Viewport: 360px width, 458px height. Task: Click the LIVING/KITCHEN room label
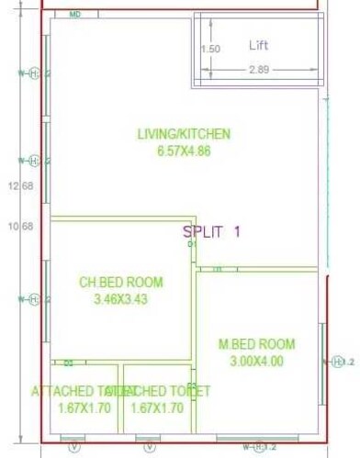(x=184, y=134)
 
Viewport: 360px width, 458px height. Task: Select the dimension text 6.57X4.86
(x=184, y=151)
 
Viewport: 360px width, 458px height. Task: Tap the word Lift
(x=259, y=45)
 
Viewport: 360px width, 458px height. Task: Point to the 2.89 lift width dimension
(x=260, y=70)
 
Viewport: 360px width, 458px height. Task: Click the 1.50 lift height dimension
(x=211, y=50)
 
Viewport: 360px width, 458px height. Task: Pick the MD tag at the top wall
(x=75, y=15)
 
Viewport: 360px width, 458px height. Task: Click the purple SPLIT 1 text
(x=211, y=232)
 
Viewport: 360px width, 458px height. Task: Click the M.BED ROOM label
(x=256, y=344)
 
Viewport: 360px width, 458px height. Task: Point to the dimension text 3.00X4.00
(x=256, y=361)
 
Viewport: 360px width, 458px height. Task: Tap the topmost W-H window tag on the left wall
(x=33, y=73)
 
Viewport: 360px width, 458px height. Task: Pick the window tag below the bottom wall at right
(x=260, y=447)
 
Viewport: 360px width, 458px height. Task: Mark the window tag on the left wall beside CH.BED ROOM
(x=33, y=299)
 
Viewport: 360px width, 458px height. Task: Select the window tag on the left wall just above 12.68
(x=33, y=162)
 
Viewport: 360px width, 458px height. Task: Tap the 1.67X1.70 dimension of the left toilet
(x=84, y=408)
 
